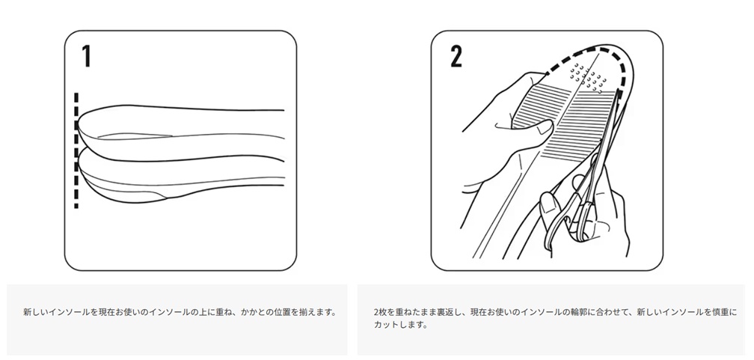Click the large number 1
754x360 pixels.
pyautogui.click(x=87, y=56)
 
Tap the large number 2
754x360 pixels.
pyautogui.click(x=456, y=56)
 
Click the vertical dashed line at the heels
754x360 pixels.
pyautogui.click(x=76, y=150)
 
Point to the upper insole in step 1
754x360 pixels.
pyautogui.click(x=181, y=132)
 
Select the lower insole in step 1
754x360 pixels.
pyautogui.click(x=181, y=176)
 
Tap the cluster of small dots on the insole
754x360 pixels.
pyautogui.click(x=586, y=76)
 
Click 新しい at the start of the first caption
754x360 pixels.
pyautogui.click(x=36, y=312)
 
